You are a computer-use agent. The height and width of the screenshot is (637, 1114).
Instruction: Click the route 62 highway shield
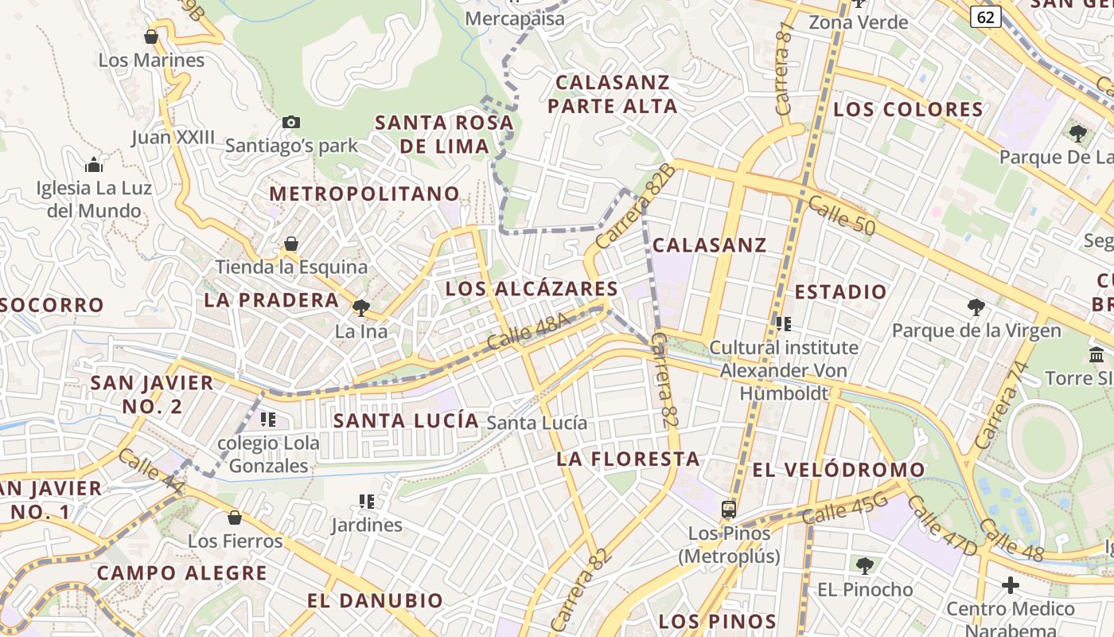coord(985,16)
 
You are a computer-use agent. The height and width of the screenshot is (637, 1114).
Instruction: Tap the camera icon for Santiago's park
coord(291,122)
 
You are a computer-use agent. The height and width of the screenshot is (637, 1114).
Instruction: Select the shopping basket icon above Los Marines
coord(150,37)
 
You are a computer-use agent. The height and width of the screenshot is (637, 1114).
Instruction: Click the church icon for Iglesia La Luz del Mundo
coord(94,165)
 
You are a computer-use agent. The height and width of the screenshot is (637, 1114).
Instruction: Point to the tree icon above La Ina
coord(361,307)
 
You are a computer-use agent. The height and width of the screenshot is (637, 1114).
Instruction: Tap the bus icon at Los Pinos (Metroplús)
coord(728,509)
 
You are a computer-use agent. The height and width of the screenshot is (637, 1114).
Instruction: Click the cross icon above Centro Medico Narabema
coord(1010,586)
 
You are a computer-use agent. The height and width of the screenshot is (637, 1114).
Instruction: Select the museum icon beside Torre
coord(1096,354)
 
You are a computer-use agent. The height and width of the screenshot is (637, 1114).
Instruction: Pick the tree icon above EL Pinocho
coord(865,566)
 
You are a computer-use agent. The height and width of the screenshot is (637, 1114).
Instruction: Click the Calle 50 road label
coord(841,216)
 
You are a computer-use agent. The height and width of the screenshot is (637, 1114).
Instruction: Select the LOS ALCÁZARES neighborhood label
coord(532,289)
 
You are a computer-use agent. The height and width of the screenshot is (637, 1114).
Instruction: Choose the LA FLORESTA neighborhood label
coord(628,459)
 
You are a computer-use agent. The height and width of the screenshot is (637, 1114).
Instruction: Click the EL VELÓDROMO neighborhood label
coord(839,470)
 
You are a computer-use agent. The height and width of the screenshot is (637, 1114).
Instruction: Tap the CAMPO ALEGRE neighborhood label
coord(181,573)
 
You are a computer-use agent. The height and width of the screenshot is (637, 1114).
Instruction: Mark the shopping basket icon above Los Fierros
coord(234,518)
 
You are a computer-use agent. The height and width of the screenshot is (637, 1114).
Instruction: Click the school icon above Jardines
coord(366,502)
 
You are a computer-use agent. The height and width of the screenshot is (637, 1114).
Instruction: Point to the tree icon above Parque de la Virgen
coord(976,307)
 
